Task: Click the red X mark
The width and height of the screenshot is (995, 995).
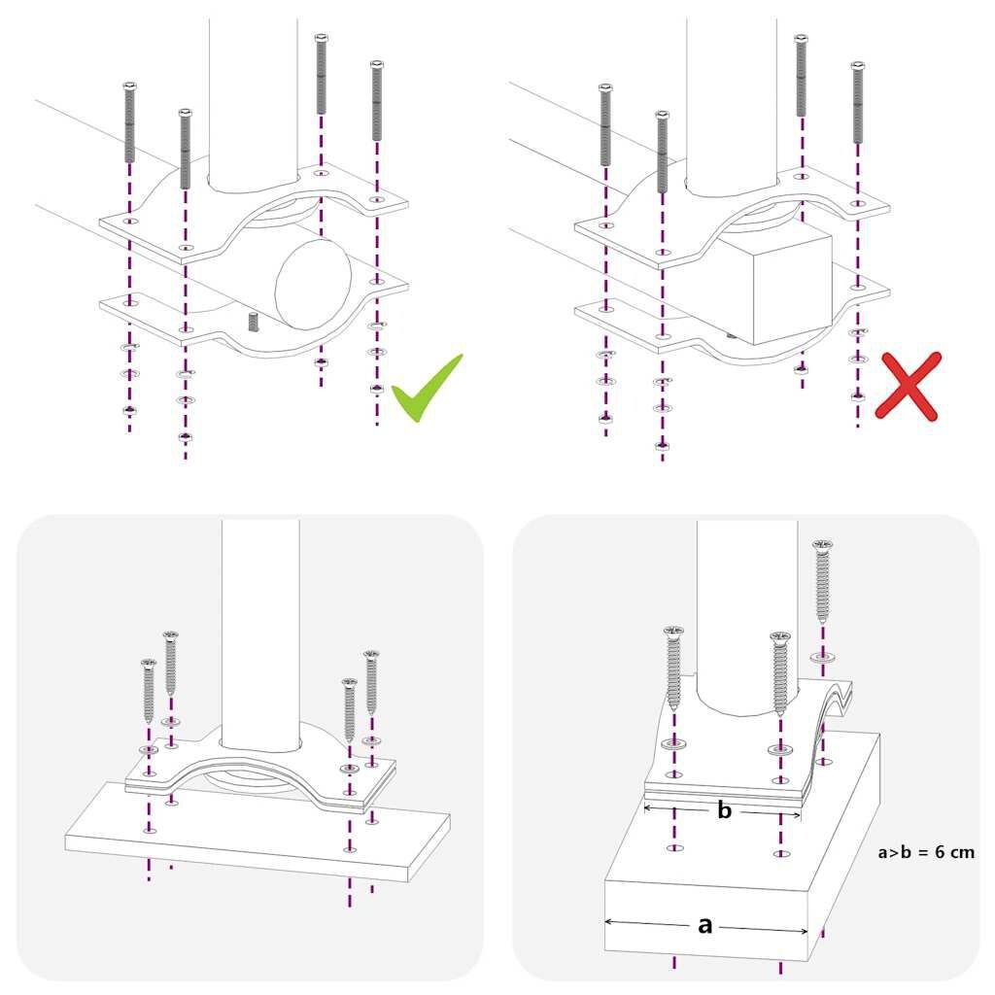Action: pos(908,387)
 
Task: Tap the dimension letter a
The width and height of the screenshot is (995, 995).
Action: pos(706,925)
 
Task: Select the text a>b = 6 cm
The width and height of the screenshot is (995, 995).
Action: pos(926,852)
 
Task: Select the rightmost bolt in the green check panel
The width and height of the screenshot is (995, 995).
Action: pos(376,102)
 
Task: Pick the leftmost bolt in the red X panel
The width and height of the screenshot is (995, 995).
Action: pos(605,123)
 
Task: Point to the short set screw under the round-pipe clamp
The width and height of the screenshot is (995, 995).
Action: pos(254,322)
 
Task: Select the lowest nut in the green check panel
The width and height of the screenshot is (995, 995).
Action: pos(185,437)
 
